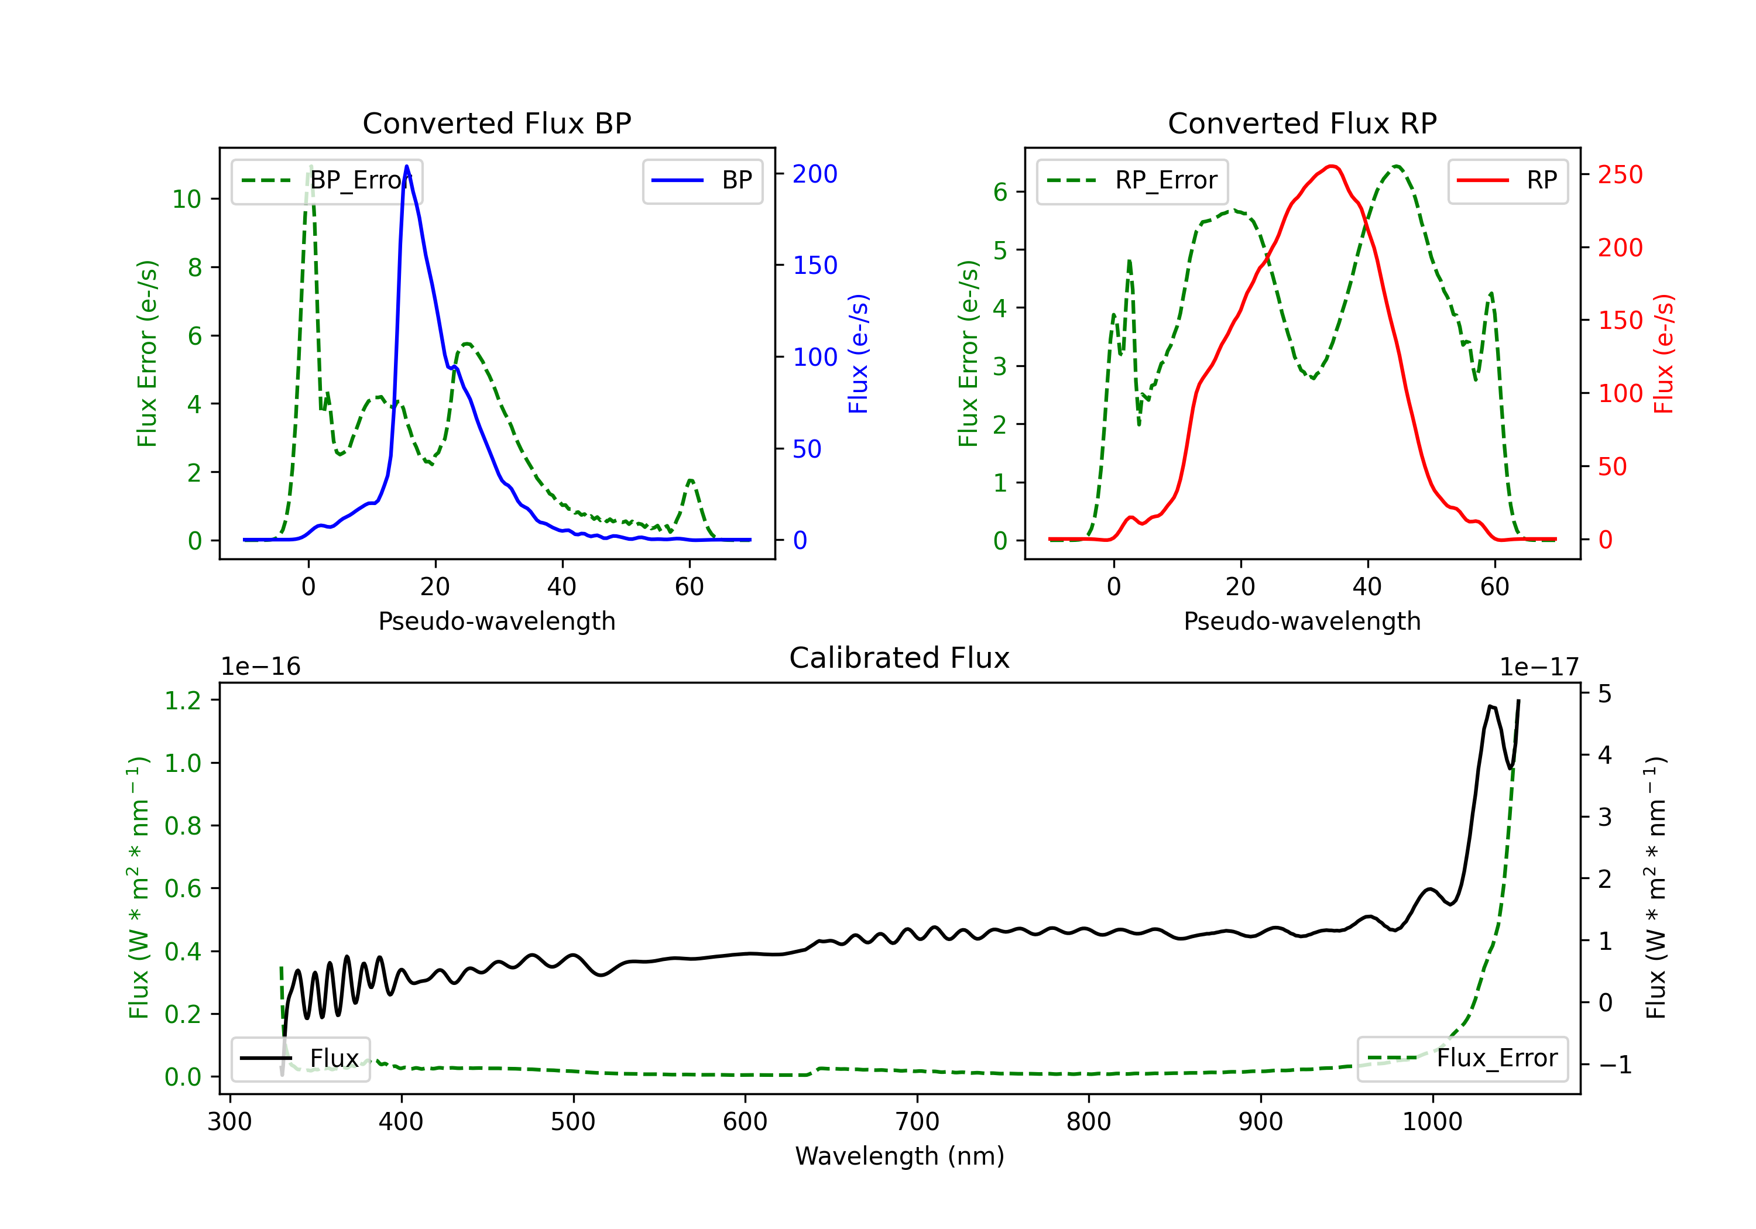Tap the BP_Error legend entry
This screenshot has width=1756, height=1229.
click(x=327, y=180)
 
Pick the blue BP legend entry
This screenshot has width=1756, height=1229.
click(x=702, y=180)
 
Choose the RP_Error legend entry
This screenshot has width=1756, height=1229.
click(x=1132, y=180)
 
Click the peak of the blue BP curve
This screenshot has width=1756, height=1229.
click(x=407, y=166)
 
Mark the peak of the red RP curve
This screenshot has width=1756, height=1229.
click(x=1332, y=166)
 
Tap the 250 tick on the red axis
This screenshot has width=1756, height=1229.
click(x=1620, y=175)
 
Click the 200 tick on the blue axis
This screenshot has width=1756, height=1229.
click(x=815, y=174)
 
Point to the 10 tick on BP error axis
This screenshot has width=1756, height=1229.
click(x=186, y=200)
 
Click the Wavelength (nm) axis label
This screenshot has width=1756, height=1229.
click(x=900, y=1156)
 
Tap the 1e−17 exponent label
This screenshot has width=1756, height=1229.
click(x=1539, y=667)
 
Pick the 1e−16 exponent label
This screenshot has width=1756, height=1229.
click(x=261, y=667)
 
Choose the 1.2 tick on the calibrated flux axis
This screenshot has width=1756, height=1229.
click(x=183, y=701)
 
